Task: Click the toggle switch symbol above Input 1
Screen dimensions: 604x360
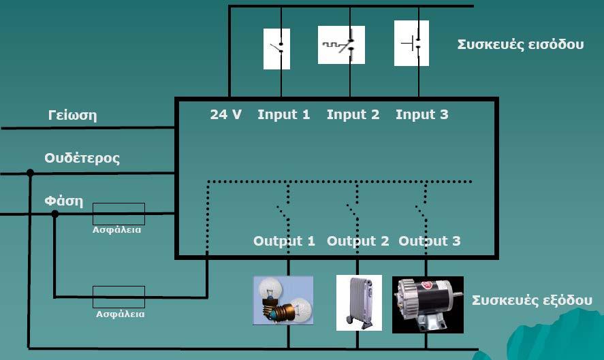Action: coord(276,49)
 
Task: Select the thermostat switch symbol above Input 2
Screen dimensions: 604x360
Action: coord(341,45)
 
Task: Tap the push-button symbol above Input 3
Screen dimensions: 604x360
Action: coord(411,43)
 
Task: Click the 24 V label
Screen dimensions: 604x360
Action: coord(225,114)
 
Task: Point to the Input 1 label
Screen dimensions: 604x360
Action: coord(284,114)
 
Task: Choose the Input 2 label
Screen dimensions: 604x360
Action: coord(353,114)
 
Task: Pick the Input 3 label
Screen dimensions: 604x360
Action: coord(422,114)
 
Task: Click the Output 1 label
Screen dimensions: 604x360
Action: coord(284,241)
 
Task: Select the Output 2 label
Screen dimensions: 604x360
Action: coord(358,241)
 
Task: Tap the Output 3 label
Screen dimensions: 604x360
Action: coord(430,241)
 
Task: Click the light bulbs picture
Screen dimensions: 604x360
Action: coord(283,300)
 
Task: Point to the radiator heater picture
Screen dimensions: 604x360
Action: coord(359,303)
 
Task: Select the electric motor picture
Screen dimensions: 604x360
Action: coord(428,305)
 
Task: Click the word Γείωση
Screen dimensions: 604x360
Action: coord(72,115)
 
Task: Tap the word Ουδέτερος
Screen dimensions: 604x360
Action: coord(82,158)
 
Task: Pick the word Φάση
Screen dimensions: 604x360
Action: coord(63,201)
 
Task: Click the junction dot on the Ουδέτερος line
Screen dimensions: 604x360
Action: coord(30,173)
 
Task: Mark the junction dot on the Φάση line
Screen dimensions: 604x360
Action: coord(55,214)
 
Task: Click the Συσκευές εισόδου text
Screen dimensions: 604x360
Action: coord(520,45)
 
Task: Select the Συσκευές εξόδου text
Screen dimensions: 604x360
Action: coord(532,300)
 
